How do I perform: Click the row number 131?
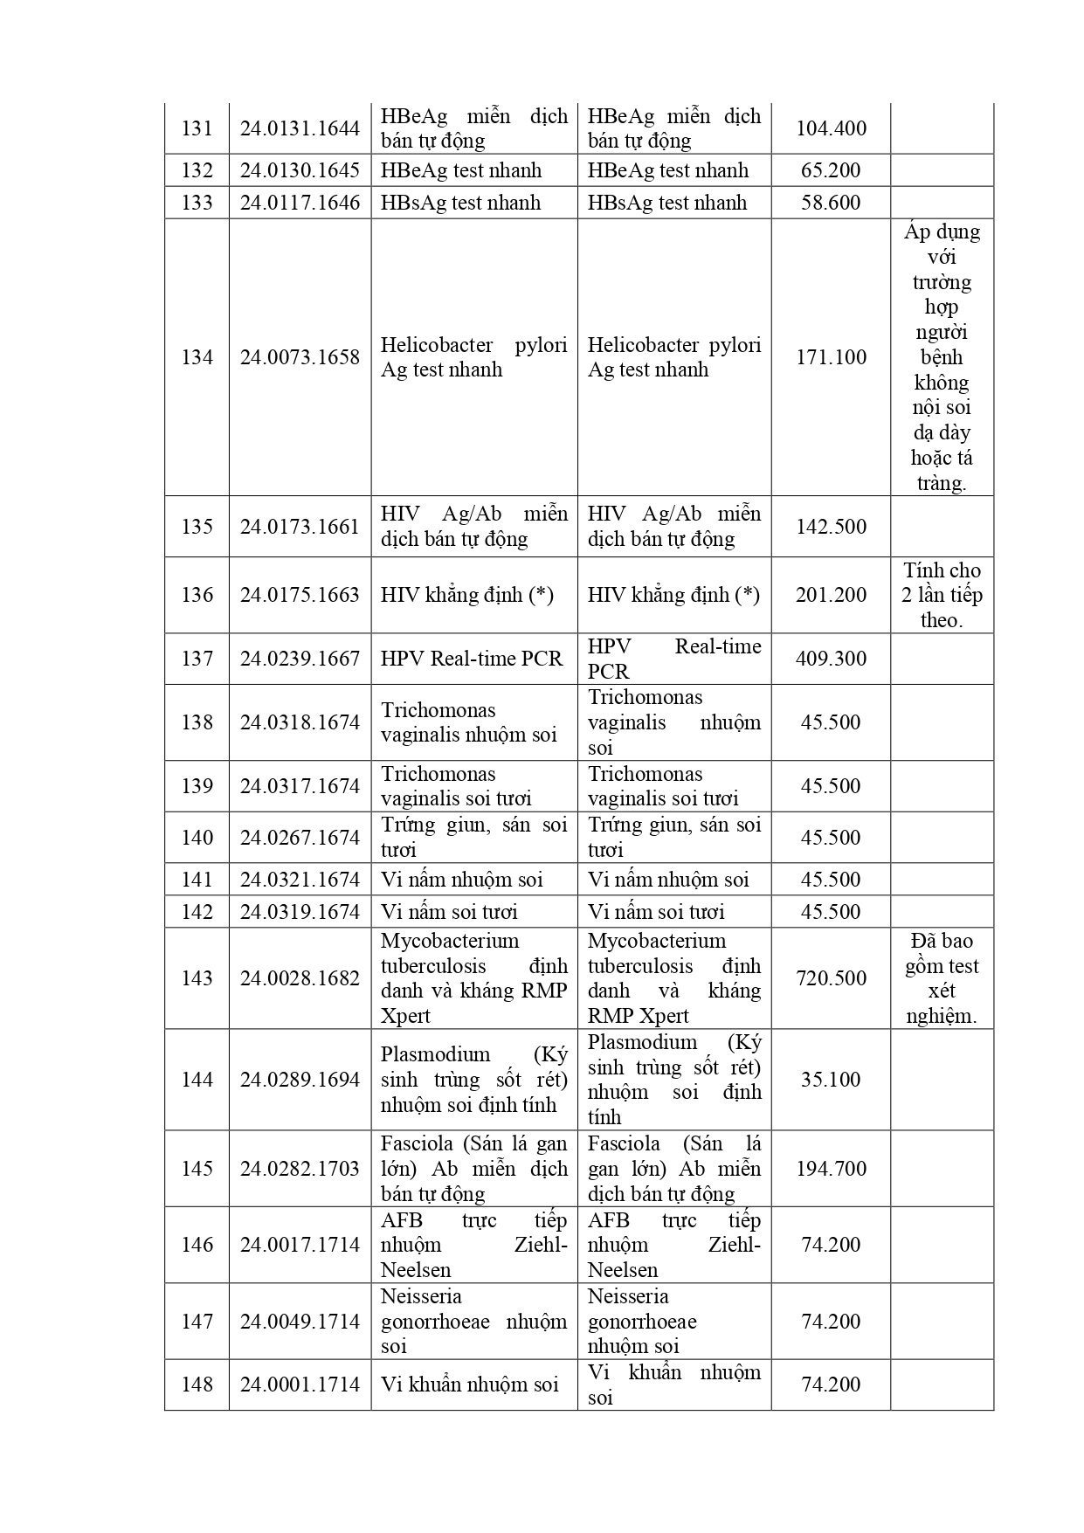click(197, 128)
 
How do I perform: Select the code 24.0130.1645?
click(300, 170)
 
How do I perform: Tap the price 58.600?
click(831, 203)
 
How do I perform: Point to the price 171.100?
click(831, 357)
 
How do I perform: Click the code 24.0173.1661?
click(300, 527)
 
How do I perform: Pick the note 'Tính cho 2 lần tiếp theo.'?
click(942, 595)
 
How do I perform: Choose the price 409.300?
click(831, 659)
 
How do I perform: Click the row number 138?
click(197, 722)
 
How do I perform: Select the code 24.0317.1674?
click(300, 786)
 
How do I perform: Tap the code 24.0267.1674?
click(300, 838)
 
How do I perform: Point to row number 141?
click(197, 880)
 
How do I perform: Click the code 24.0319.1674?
click(300, 912)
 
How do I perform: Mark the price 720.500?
click(831, 978)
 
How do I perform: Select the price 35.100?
click(831, 1080)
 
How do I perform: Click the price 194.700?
click(831, 1169)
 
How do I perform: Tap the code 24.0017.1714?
click(300, 1245)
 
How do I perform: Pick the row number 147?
click(197, 1322)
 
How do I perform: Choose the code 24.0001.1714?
click(300, 1385)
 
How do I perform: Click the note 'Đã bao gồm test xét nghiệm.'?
click(942, 978)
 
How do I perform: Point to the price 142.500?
click(831, 527)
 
